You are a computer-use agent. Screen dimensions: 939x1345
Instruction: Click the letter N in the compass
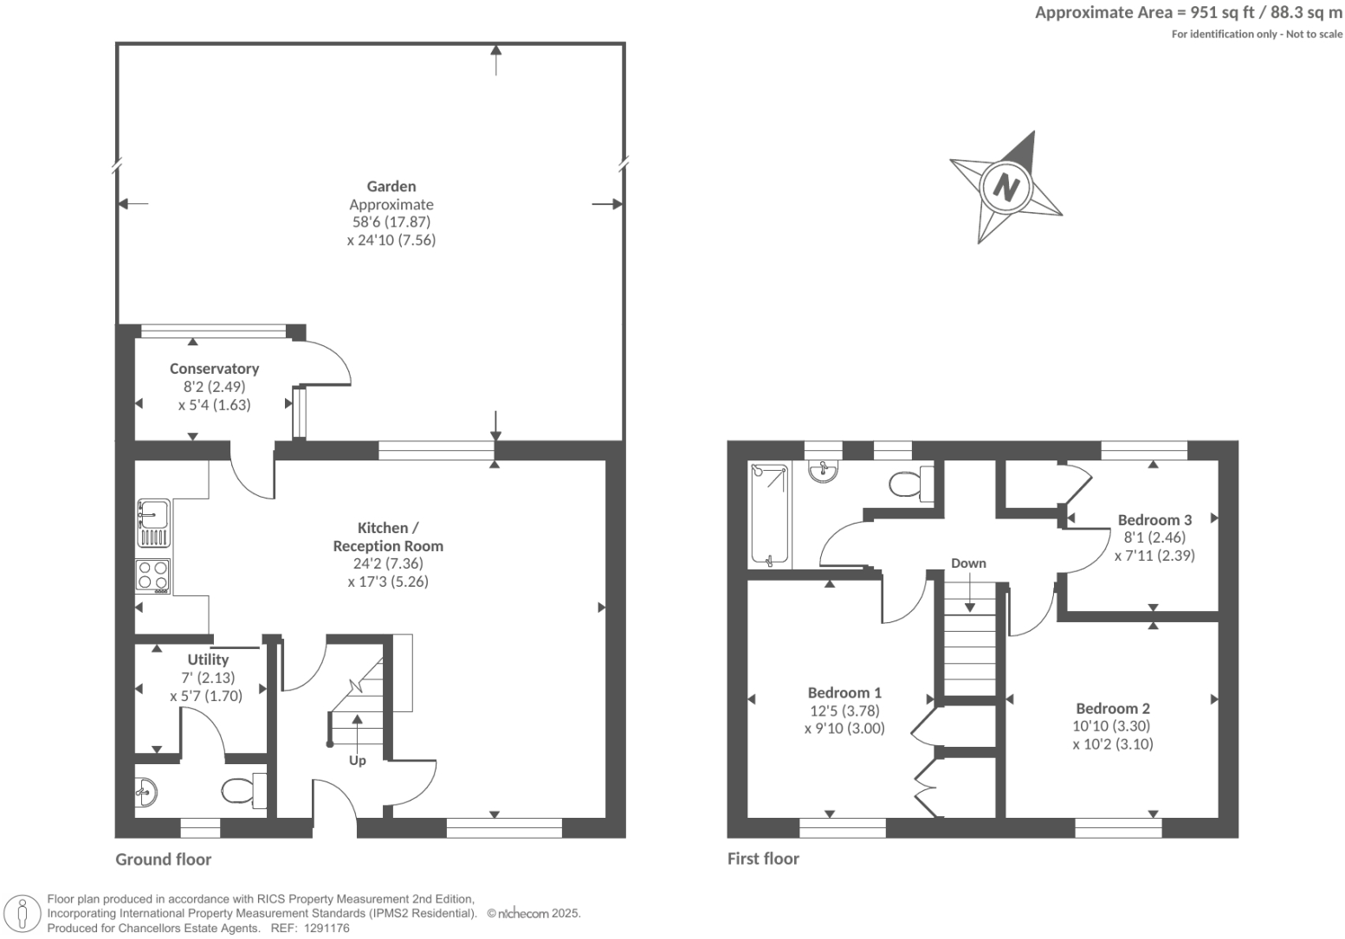[x=1006, y=187]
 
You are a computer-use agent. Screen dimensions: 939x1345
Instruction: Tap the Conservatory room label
[x=214, y=369]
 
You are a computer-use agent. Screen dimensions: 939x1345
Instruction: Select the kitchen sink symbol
[x=153, y=523]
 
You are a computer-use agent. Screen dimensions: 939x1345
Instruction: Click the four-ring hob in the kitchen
[x=153, y=576]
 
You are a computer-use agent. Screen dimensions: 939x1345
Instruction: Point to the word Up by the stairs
[x=357, y=761]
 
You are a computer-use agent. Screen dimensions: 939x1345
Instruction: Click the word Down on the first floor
[x=968, y=563]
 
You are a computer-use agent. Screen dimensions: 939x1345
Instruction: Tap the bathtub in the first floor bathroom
[x=770, y=516]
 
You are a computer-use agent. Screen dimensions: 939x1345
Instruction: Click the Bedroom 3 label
[x=1154, y=520]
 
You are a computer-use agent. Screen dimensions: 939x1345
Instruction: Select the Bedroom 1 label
[x=844, y=692]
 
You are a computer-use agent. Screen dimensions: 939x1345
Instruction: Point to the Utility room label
[x=208, y=659]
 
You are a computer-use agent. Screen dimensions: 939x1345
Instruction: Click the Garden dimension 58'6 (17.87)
[x=391, y=222]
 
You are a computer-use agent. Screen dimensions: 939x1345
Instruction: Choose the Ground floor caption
[x=164, y=859]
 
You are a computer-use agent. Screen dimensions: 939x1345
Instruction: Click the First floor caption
[x=763, y=859]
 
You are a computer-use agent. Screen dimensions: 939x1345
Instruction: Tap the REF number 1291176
[x=323, y=928]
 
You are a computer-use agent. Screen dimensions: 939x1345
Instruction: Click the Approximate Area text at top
[x=1188, y=13]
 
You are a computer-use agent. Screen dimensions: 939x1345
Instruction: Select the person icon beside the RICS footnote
[x=23, y=914]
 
